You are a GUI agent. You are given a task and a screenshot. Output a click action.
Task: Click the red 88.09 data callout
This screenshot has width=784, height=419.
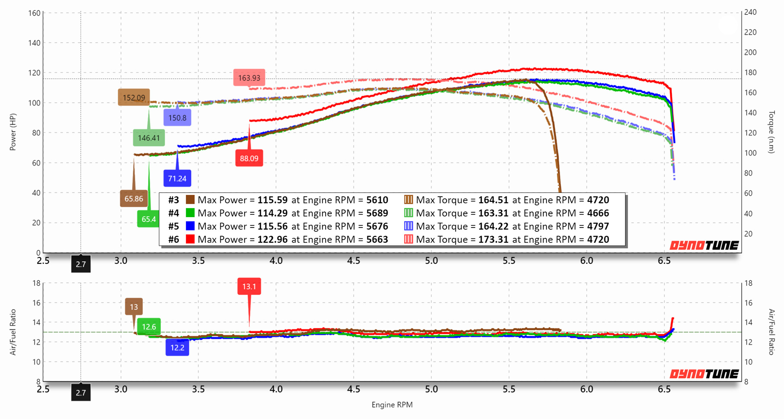click(249, 158)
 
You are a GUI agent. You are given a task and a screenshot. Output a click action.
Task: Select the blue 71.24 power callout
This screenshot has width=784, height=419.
click(177, 179)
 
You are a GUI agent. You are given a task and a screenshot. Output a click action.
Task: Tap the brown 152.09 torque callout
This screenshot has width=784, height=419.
click(134, 97)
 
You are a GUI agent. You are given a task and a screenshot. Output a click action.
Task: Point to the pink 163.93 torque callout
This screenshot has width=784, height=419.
click(249, 78)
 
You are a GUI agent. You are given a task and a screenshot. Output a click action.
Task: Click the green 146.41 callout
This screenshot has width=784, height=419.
click(149, 138)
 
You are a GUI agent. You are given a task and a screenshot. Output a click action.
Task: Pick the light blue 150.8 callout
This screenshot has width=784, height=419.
click(177, 118)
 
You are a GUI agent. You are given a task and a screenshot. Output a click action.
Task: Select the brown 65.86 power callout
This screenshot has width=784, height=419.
click(133, 199)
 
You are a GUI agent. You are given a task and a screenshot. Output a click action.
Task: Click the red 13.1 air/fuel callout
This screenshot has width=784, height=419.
click(249, 286)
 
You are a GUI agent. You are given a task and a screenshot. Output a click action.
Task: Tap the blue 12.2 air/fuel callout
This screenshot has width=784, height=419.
click(177, 348)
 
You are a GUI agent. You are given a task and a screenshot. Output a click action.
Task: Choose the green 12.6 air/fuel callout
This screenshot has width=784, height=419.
click(149, 327)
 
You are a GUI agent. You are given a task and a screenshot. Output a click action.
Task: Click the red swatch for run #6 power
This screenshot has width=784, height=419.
click(190, 239)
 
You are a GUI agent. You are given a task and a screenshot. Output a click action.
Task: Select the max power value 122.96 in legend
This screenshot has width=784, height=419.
click(272, 239)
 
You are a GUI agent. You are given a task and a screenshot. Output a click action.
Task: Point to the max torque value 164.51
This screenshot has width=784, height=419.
click(493, 200)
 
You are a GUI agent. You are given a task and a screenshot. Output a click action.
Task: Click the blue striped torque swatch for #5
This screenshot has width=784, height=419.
click(408, 226)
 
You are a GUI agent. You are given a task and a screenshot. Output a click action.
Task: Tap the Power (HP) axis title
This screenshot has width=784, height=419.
click(13, 132)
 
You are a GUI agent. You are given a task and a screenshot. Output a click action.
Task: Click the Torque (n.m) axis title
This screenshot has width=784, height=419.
click(771, 132)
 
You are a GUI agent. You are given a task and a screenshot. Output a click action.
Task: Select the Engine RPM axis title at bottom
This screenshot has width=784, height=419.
click(392, 405)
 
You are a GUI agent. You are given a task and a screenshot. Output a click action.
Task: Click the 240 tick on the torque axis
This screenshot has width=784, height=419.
click(750, 12)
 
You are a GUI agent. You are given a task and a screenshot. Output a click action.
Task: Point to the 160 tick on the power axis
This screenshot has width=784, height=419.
click(34, 13)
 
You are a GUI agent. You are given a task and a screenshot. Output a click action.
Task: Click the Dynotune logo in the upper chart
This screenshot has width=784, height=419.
click(704, 246)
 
